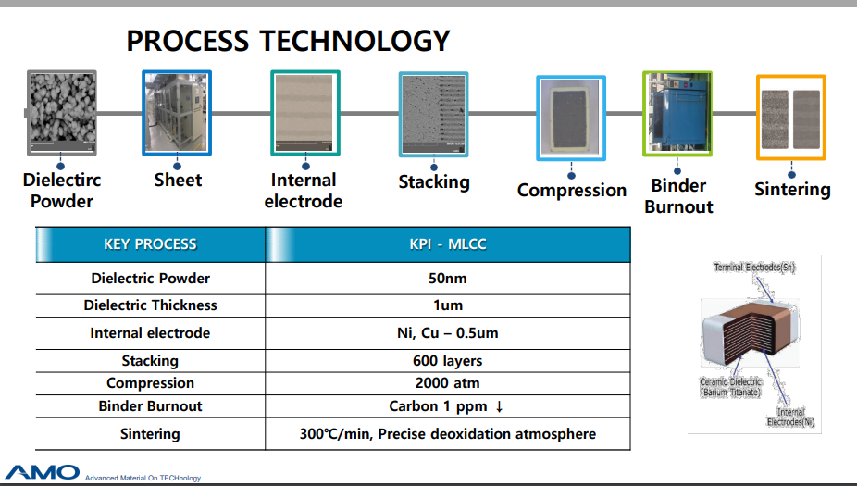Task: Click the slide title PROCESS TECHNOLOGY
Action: point(288,41)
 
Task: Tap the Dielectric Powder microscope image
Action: point(62,113)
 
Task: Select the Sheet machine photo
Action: point(177,112)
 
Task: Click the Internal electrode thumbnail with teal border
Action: point(305,112)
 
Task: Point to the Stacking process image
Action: point(433,114)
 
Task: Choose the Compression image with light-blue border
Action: point(571,118)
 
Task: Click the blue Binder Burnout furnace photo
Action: point(677,113)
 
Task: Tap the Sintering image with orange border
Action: point(791,118)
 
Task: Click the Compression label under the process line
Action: point(571,190)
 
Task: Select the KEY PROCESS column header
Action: point(150,244)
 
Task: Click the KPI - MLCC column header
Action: point(448,244)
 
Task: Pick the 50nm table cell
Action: point(448,278)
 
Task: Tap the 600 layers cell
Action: point(448,360)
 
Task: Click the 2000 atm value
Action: point(448,382)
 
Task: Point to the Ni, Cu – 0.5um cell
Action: point(448,332)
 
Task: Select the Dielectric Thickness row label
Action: point(150,305)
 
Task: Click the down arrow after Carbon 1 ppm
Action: point(500,406)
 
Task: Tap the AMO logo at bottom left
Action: point(43,471)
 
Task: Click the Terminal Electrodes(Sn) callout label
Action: point(754,268)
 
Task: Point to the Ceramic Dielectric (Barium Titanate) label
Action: point(731,387)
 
